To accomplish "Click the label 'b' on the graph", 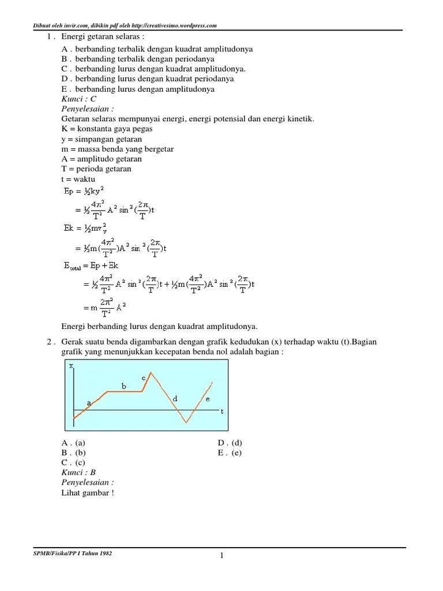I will [123, 386].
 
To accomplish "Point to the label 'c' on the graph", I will [144, 378].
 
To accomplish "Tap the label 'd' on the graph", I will [175, 398].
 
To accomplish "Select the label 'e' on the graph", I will [208, 399].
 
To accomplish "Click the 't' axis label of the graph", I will [221, 412].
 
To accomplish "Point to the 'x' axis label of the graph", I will [71, 366].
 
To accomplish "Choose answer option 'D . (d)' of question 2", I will [230, 443].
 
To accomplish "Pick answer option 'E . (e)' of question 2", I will [230, 452].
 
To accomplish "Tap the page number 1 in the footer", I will [221, 556].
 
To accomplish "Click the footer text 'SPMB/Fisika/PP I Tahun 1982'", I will [73, 553].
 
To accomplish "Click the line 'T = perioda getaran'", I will [96, 169].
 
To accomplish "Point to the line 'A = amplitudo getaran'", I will [102, 159].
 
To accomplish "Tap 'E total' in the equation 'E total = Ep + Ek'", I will [73, 266].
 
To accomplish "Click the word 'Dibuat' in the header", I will [42, 25].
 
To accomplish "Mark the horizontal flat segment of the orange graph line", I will [124, 392].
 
